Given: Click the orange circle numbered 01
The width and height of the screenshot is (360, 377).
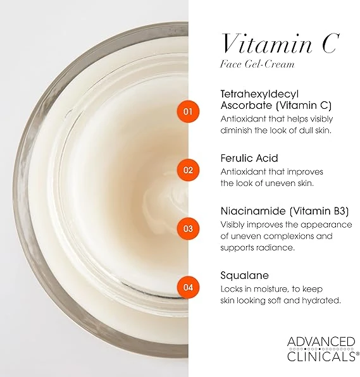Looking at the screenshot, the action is point(188,111).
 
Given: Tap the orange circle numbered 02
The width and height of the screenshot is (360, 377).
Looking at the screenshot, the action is point(188,170).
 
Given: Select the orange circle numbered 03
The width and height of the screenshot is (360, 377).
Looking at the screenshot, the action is point(188,228).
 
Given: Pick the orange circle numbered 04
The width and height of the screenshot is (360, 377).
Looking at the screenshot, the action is point(188,287).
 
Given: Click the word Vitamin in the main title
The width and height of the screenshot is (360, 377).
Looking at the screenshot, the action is point(266,44).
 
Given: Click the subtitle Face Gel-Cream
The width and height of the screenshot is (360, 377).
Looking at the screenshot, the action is point(257,64).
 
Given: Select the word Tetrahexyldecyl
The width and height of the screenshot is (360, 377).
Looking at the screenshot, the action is point(259,94).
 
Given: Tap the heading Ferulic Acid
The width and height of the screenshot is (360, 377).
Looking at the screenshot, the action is point(249,158).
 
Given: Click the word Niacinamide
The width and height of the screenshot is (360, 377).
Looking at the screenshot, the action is point(254,211).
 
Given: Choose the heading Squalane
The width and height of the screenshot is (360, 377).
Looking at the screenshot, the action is point(244,276).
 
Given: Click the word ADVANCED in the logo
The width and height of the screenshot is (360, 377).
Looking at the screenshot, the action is point(321,342).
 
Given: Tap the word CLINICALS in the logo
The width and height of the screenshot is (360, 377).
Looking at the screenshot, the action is point(321,356).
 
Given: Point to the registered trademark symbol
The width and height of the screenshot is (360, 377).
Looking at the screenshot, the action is point(357,354).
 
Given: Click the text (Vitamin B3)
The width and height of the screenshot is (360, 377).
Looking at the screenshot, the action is point(319,211).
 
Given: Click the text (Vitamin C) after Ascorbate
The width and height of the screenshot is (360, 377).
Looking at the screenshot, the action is point(304,106).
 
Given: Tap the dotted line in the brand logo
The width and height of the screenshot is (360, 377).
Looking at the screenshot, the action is point(321,349).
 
